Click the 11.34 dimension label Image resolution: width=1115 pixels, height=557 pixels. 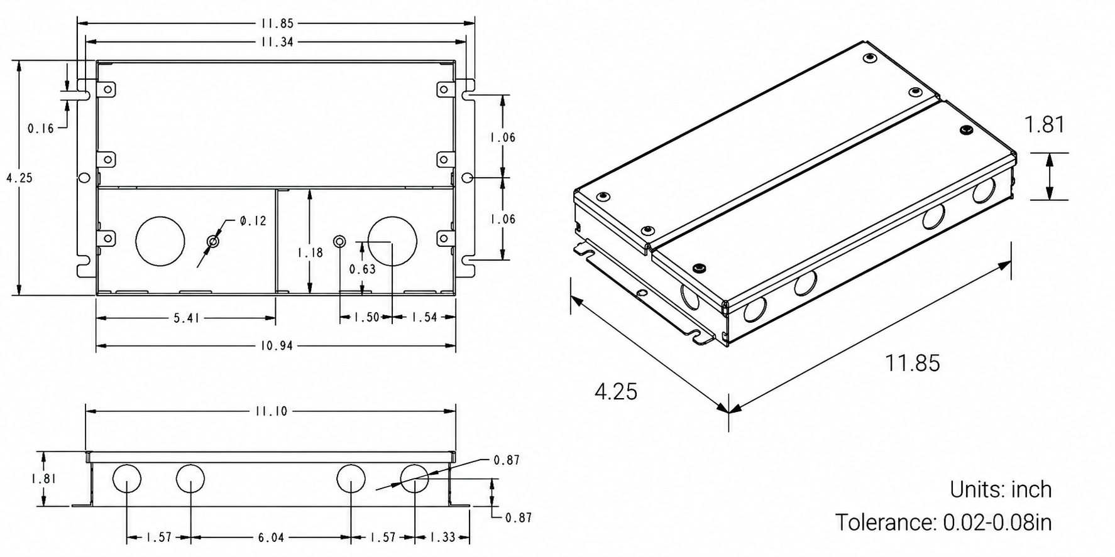[277, 42]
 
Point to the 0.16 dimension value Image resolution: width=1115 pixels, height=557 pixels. [41, 129]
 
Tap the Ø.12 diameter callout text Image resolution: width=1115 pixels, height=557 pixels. [253, 221]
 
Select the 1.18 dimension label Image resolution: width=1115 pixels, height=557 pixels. [310, 252]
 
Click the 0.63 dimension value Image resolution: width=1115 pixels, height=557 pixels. [362, 269]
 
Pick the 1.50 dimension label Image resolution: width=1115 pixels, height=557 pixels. [366, 318]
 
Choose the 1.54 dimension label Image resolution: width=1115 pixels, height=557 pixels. [424, 318]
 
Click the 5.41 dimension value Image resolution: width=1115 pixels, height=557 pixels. [187, 318]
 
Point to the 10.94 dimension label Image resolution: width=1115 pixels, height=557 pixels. [277, 346]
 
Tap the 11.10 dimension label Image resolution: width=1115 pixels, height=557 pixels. [271, 411]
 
